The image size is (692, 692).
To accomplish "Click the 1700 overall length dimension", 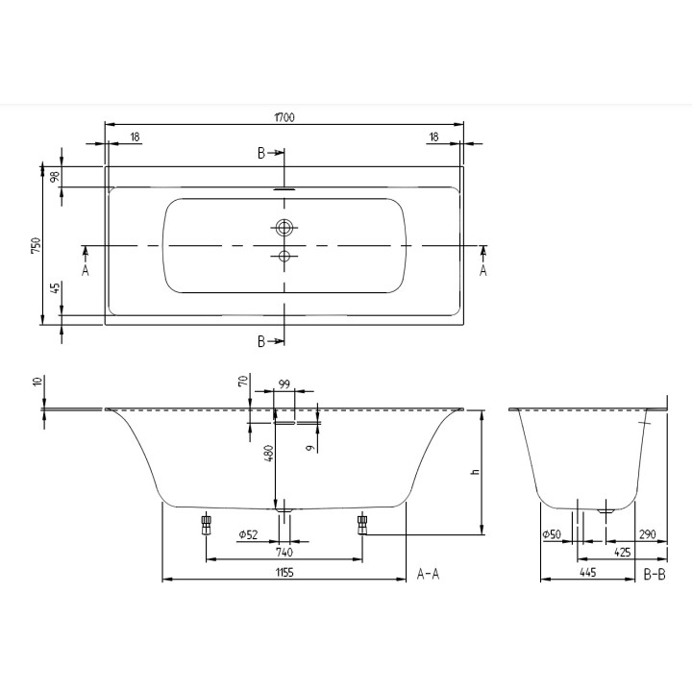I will point(284,117).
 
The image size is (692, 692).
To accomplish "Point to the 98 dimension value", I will point(55,176).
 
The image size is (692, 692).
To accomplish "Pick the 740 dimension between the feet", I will point(284,552).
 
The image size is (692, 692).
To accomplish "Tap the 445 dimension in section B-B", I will point(587,572).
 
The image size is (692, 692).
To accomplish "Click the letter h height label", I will point(474,472).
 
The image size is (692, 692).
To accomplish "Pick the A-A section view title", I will point(428,574).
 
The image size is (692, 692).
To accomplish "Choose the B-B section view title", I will point(654,574).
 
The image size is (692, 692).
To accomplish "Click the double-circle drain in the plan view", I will point(284,229).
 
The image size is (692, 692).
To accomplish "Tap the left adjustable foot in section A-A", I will point(206,524).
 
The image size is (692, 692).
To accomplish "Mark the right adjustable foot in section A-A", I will point(362,524).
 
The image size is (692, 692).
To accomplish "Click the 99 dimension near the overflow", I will point(284,384).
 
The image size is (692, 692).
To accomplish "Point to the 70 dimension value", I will point(244,382).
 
